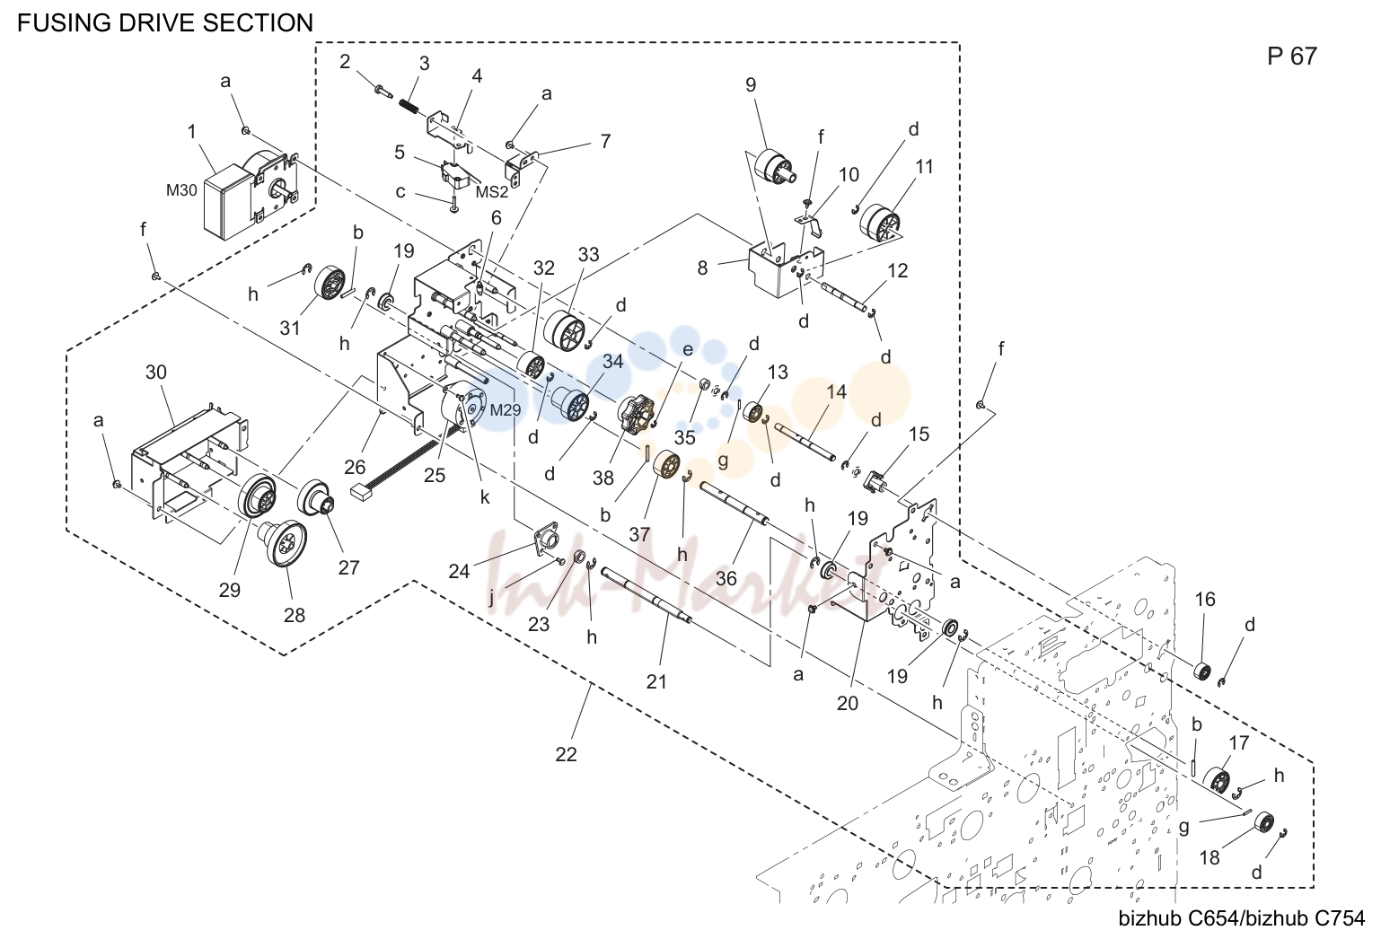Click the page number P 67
pos(1291,57)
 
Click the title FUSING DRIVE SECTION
pos(165,23)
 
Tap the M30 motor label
pos(181,190)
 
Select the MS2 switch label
pos(491,192)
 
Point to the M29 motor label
pos(506,409)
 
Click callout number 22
pos(566,755)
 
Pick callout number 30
pos(156,373)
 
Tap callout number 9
pos(751,84)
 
